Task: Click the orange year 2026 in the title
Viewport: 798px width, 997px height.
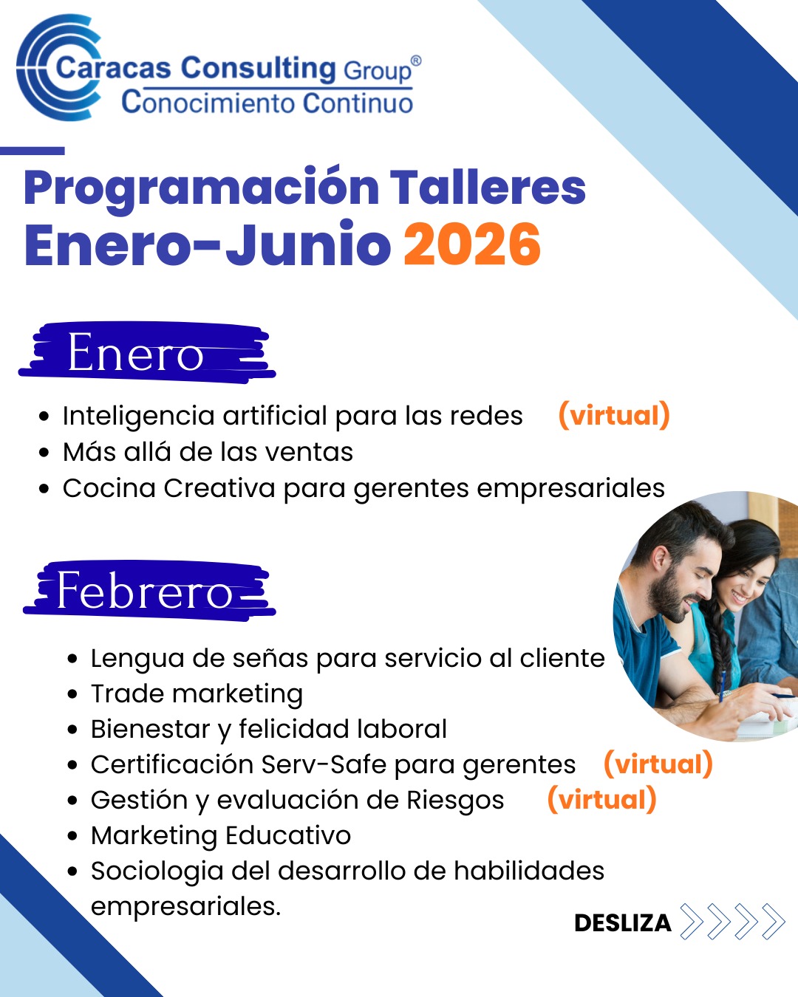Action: pyautogui.click(x=472, y=244)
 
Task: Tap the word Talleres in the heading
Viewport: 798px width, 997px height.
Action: pyautogui.click(x=488, y=187)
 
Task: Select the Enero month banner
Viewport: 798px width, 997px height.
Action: pyautogui.click(x=147, y=352)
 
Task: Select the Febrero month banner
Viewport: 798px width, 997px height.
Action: pyautogui.click(x=149, y=590)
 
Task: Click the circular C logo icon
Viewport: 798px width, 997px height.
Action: pyautogui.click(x=58, y=68)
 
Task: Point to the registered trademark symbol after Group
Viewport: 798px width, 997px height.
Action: pyautogui.click(x=416, y=61)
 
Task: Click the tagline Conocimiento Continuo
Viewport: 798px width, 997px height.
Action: pyautogui.click(x=267, y=103)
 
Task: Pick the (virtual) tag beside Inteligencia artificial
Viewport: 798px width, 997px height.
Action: pyautogui.click(x=614, y=415)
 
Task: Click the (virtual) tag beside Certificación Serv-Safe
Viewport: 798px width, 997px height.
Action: pyautogui.click(x=658, y=764)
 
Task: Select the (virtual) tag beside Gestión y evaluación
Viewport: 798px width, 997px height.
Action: pyautogui.click(x=602, y=800)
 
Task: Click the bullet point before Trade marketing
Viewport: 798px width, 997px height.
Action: pyautogui.click(x=72, y=695)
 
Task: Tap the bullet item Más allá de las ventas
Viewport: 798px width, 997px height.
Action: pyautogui.click(x=208, y=452)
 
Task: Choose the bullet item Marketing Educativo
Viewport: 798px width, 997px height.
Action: pyautogui.click(x=221, y=836)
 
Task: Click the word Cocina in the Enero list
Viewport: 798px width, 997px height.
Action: pyautogui.click(x=109, y=488)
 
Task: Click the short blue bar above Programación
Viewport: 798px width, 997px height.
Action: pyautogui.click(x=32, y=151)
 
